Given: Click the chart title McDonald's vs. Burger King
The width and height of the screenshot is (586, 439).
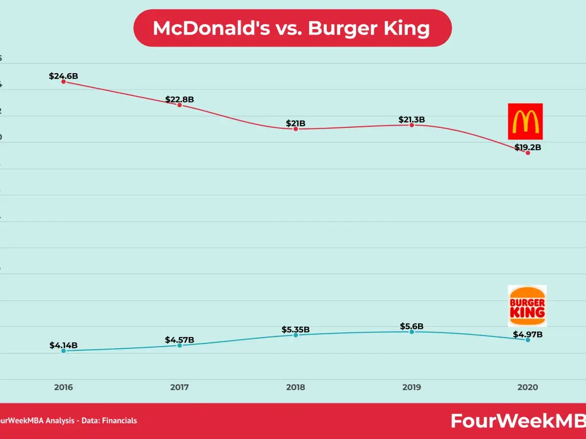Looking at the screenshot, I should click(292, 28).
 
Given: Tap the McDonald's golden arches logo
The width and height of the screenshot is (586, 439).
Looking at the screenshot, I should click(525, 121).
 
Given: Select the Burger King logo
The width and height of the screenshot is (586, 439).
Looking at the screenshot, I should click(527, 306).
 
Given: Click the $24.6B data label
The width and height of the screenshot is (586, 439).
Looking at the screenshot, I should click(63, 76).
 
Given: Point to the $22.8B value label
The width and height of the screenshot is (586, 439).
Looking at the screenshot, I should click(179, 100).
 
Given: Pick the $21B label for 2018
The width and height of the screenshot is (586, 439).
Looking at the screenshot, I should click(296, 123).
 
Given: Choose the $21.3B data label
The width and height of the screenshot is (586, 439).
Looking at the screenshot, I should click(412, 120).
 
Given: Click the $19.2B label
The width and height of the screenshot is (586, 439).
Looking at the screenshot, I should click(527, 147).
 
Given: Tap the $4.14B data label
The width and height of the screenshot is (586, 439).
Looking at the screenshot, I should click(63, 345).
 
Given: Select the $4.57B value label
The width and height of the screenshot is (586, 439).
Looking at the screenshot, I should click(179, 339).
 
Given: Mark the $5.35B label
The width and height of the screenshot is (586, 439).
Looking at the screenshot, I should click(296, 330).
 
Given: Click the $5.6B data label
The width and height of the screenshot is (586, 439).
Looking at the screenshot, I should click(412, 326).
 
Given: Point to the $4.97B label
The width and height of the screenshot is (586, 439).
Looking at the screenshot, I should click(527, 335).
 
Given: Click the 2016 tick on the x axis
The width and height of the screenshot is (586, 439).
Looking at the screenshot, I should click(63, 387).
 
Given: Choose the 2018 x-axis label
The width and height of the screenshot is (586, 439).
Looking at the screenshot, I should click(295, 387).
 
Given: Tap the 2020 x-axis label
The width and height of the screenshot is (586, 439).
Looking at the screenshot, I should click(527, 387).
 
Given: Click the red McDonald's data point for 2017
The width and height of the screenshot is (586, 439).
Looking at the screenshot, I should click(179, 105).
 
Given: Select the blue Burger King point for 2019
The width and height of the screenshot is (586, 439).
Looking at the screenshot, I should click(412, 332).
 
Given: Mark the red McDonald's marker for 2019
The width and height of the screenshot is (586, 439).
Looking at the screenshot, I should click(412, 125).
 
